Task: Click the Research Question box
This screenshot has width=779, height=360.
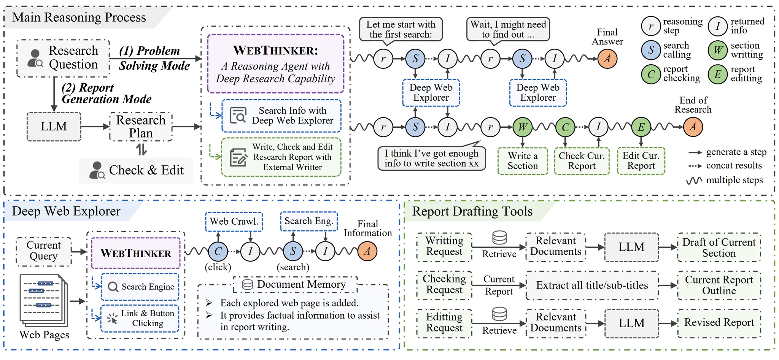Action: tap(63, 58)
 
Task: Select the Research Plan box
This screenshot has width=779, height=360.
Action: tap(141, 127)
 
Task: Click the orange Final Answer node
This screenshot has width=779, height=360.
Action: tap(607, 59)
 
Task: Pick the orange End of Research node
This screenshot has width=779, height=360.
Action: tap(693, 127)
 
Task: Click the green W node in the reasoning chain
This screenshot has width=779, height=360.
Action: tap(523, 127)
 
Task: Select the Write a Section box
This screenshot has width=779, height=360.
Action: tap(523, 161)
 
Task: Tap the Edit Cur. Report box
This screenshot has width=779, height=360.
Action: tap(641, 161)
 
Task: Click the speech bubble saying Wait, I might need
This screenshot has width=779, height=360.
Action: tap(508, 29)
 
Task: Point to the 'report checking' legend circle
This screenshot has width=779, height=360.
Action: tap(651, 74)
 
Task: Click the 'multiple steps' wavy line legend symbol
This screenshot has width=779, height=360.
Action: tap(694, 181)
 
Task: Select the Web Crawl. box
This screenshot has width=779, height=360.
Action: tap(234, 222)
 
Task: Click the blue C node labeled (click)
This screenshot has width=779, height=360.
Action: tap(218, 251)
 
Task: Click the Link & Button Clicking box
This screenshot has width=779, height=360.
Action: tap(140, 319)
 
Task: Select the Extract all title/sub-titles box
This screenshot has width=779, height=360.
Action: tap(592, 285)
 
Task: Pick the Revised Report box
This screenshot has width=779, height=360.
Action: tap(719, 323)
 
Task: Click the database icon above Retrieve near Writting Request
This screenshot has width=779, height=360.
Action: tap(499, 238)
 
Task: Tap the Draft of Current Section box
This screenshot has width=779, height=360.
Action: tap(719, 247)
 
